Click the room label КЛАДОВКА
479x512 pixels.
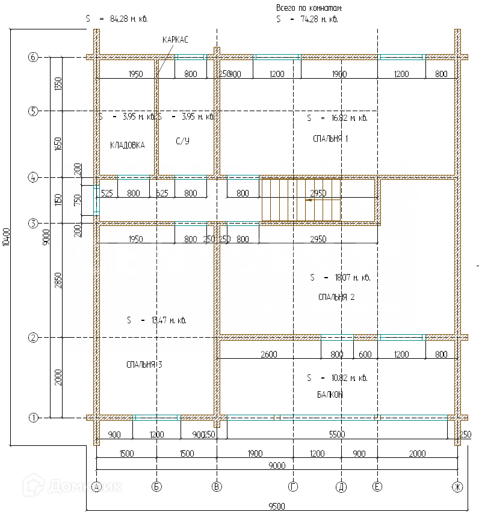pos(127,145)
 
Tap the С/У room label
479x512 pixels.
pos(184,141)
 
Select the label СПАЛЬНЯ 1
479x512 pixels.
pos(330,138)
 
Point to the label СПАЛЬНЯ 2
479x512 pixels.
pos(336,297)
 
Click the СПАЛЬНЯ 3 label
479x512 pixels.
pos(144,364)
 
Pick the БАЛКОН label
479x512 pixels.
pos(330,394)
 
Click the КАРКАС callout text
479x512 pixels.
pos(175,40)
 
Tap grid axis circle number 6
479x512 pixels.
pos(33,58)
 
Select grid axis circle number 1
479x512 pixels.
pos(33,417)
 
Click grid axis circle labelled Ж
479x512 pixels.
pos(457,487)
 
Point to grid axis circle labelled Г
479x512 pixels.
pos(293,487)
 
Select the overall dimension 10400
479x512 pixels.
pos(6,237)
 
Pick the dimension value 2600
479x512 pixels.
pos(268,355)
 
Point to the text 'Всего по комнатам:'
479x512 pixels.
pos(309,8)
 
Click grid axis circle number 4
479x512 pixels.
pos(33,178)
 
